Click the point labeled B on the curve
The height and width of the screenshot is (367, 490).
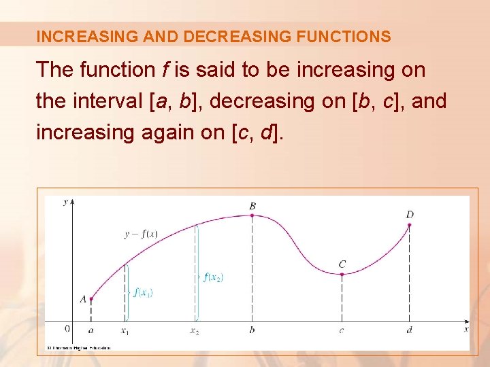[x=252, y=215]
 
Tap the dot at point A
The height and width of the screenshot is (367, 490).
[x=91, y=298]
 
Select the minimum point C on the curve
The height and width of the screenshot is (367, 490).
[x=342, y=274]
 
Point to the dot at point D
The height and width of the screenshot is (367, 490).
[x=409, y=225]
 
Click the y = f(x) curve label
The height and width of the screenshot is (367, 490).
[x=141, y=234]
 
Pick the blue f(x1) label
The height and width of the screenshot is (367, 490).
[x=143, y=293]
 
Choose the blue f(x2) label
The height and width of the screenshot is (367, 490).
[x=213, y=277]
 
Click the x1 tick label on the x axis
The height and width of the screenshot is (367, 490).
[x=125, y=331]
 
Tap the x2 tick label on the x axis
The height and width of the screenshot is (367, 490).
[x=195, y=331]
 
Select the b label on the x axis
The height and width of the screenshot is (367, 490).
[x=252, y=330]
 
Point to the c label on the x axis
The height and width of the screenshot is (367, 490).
[x=342, y=331]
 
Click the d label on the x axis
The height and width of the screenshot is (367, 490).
[x=409, y=330]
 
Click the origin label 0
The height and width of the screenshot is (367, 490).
[x=67, y=329]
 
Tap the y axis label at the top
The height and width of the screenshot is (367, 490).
[x=65, y=202]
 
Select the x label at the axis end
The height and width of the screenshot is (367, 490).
[x=466, y=329]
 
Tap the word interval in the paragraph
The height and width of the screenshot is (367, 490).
[x=103, y=101]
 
